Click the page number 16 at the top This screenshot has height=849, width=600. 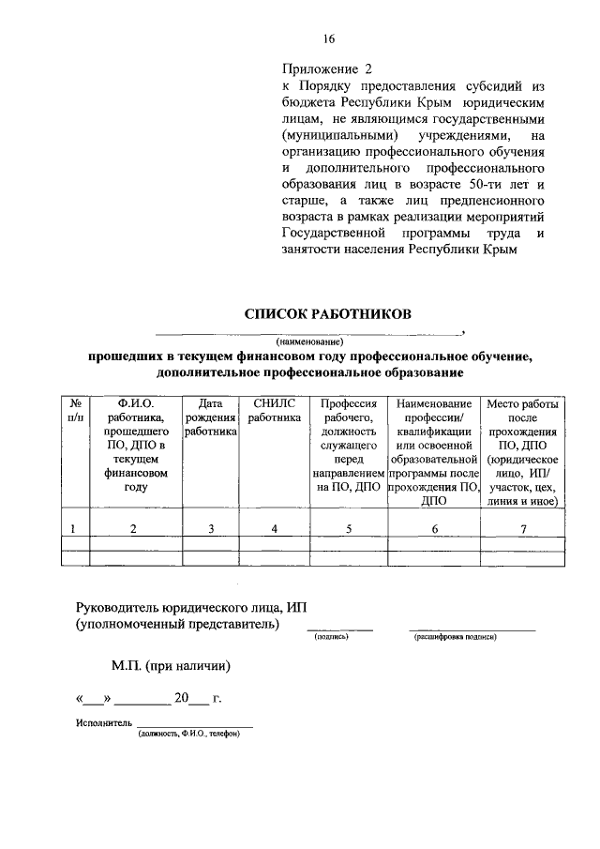pos(328,38)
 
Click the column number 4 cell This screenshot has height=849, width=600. pos(275,529)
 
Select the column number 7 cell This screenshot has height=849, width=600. pos(521,529)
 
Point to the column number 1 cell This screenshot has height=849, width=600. pos(75,529)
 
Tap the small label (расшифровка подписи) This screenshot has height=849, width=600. pos(455,637)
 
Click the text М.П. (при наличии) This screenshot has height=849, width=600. pos(170,666)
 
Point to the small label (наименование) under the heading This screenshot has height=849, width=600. pos(309,341)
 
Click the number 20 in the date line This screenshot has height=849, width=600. pos(181,698)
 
